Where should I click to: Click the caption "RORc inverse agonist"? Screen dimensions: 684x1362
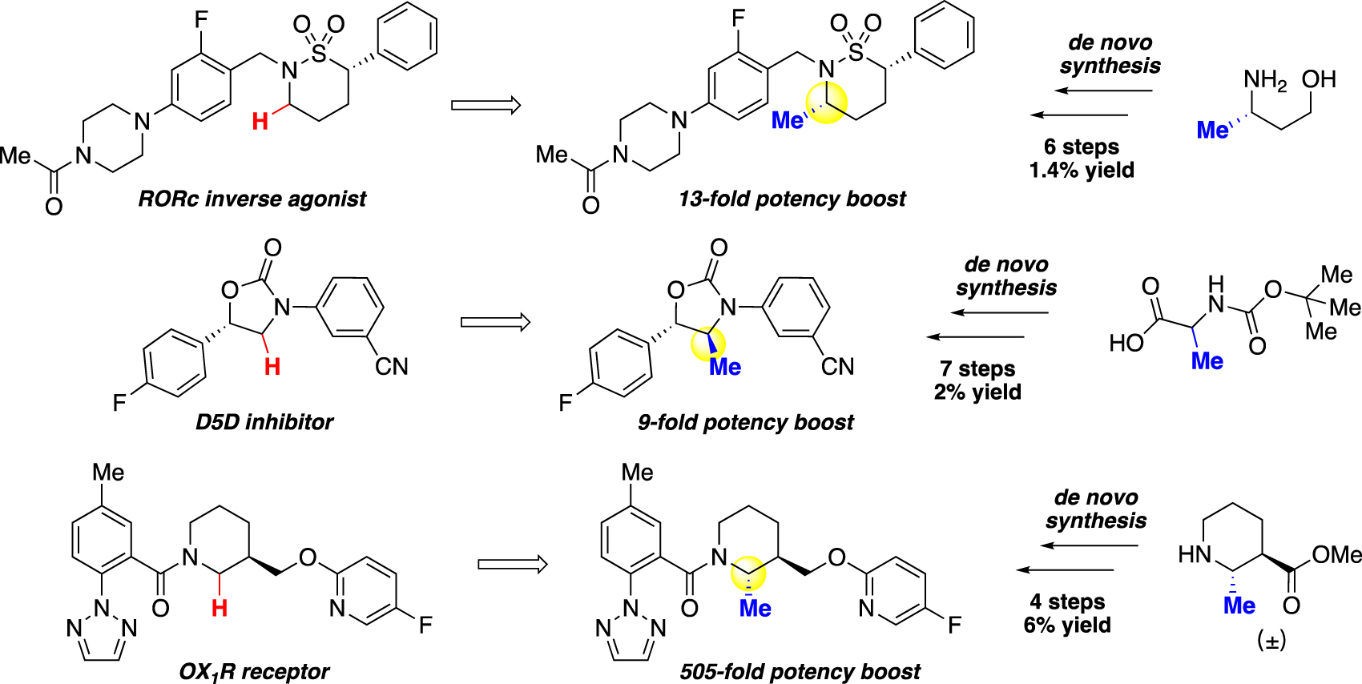click(252, 199)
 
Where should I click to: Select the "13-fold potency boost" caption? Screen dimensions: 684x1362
click(792, 199)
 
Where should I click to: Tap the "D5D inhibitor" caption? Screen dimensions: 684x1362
click(264, 421)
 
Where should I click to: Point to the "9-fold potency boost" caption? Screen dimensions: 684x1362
click(746, 422)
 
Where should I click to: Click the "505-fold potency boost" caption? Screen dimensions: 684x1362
click(800, 671)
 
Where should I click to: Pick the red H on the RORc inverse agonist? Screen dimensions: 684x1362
click(260, 122)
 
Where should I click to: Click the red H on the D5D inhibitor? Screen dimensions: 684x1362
click(272, 367)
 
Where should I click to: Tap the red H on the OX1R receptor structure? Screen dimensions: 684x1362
click(220, 608)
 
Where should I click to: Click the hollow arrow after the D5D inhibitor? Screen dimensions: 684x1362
click(495, 322)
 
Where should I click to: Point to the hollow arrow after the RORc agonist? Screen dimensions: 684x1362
click(486, 105)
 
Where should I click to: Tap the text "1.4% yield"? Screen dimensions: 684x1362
click(1082, 170)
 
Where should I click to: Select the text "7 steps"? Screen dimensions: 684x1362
click(977, 368)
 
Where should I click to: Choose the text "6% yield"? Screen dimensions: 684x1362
click(1067, 625)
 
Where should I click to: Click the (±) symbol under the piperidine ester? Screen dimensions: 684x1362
click(1271, 641)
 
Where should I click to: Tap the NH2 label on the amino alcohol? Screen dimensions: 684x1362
click(1265, 80)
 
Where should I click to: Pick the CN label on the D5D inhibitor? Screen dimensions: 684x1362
click(392, 367)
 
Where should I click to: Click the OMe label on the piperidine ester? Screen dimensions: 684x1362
click(1336, 555)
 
